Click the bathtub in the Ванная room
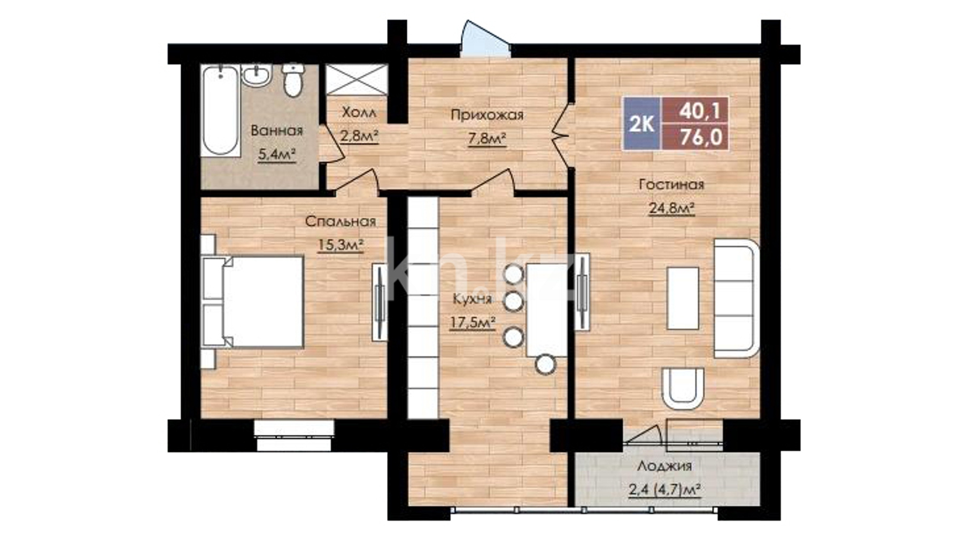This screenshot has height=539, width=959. (220, 111)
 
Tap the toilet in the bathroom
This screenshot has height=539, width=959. (292, 80)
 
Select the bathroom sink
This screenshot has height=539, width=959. (257, 74)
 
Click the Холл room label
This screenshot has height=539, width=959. (359, 113)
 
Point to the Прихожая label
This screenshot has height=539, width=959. (487, 115)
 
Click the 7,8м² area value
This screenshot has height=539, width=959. (487, 139)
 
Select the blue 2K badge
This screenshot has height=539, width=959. (642, 124)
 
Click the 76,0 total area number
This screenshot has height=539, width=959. (701, 137)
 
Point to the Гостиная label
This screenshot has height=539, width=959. (671, 185)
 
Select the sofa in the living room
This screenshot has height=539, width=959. (737, 298)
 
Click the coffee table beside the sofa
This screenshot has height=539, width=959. (683, 298)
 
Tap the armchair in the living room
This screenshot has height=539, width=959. (682, 388)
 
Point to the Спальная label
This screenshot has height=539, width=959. (341, 221)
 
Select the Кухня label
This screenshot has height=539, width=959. (472, 299)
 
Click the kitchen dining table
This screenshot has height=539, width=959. (546, 310)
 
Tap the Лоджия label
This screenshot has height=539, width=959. (664, 466)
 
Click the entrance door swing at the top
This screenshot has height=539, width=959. (484, 38)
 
